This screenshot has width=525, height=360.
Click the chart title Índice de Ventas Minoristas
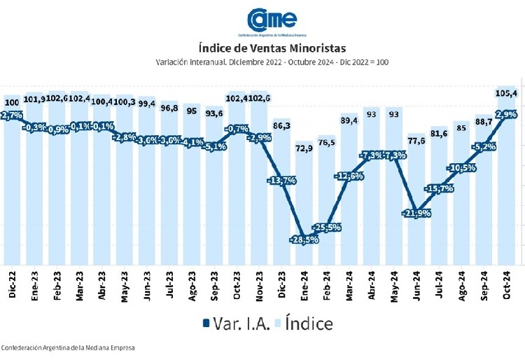point(272,48)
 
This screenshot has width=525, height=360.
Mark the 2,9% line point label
point(505,113)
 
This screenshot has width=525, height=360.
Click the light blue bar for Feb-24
point(327,210)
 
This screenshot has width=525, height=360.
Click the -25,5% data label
point(327,227)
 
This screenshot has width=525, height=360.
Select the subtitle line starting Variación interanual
point(272,62)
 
